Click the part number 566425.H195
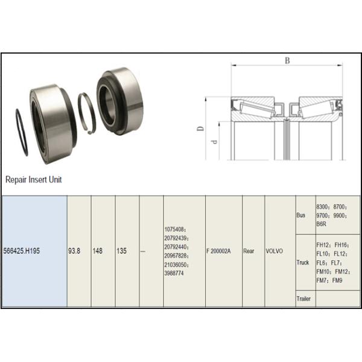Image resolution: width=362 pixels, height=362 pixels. pyautogui.click(x=22, y=251)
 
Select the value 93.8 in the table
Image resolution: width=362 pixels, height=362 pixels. pyautogui.click(x=74, y=251)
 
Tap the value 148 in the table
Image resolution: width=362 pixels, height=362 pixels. pyautogui.click(x=97, y=251)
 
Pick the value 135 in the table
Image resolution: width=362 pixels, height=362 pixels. pyautogui.click(x=121, y=251)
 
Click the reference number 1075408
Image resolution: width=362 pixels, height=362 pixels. pyautogui.click(x=174, y=229)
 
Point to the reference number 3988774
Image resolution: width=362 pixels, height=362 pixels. pyautogui.click(x=174, y=273)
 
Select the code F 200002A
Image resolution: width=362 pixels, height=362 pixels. pyautogui.click(x=218, y=251)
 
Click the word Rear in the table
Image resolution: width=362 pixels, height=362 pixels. pyautogui.click(x=249, y=251)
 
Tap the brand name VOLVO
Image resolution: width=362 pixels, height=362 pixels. pyautogui.click(x=275, y=251)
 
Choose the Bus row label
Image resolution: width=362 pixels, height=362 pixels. pyautogui.click(x=301, y=215)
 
